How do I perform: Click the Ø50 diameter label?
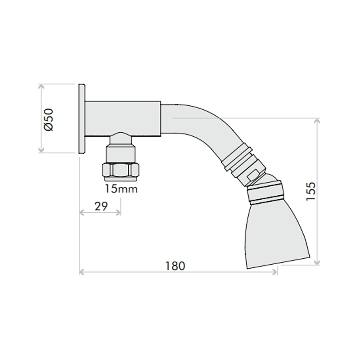(49, 120)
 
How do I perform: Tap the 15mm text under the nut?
(121, 189)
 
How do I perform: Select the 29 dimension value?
(101, 207)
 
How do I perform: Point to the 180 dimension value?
(175, 266)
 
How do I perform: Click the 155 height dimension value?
(311, 192)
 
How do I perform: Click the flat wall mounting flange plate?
(82, 119)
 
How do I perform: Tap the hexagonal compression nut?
(121, 170)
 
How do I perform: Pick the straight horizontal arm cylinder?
(123, 119)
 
